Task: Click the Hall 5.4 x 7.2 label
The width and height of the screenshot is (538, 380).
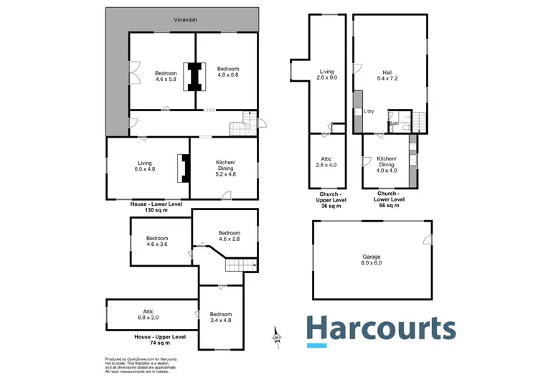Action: (387, 76)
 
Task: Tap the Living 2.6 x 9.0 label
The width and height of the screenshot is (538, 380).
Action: (327, 76)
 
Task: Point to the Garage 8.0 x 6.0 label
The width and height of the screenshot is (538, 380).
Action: (372, 260)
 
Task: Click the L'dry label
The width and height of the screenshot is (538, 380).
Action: (369, 111)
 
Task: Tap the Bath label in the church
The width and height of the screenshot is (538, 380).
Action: (394, 123)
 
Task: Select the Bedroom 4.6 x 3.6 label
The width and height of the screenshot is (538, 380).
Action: (156, 242)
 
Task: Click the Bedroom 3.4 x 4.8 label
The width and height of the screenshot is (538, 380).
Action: (221, 318)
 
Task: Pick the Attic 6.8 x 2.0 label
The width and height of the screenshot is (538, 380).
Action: (148, 315)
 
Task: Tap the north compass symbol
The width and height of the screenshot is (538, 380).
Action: (277, 336)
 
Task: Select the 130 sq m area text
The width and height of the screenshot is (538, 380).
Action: (156, 210)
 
